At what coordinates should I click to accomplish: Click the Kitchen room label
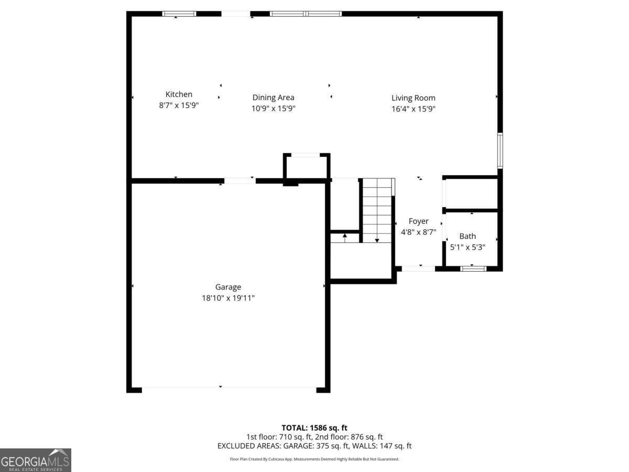[x=179, y=94]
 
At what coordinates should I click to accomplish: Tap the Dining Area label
[x=273, y=98]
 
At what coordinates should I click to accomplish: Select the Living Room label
[x=413, y=98]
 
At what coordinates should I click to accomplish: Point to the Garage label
[x=228, y=287]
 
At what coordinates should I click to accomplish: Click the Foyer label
[x=418, y=221]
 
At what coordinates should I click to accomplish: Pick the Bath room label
[x=468, y=237]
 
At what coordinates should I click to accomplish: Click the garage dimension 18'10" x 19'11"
[x=228, y=298]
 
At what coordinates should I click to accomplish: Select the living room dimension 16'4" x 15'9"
[x=413, y=109]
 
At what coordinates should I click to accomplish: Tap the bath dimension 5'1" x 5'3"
[x=468, y=247]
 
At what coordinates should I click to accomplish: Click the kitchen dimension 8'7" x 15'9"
[x=179, y=105]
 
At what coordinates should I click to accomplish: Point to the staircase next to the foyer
[x=377, y=210]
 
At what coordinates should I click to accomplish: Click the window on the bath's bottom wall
[x=473, y=269]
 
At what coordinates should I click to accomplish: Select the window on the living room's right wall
[x=500, y=151]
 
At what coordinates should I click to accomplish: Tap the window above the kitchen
[x=179, y=14]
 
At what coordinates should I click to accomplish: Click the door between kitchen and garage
[x=240, y=181]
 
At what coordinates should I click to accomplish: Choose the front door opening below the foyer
[x=418, y=269]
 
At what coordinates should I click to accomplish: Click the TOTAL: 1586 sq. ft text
[x=314, y=428]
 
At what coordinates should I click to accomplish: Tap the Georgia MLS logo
[x=35, y=460]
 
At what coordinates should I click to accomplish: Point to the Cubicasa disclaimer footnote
[x=314, y=459]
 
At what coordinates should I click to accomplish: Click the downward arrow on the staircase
[x=377, y=240]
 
